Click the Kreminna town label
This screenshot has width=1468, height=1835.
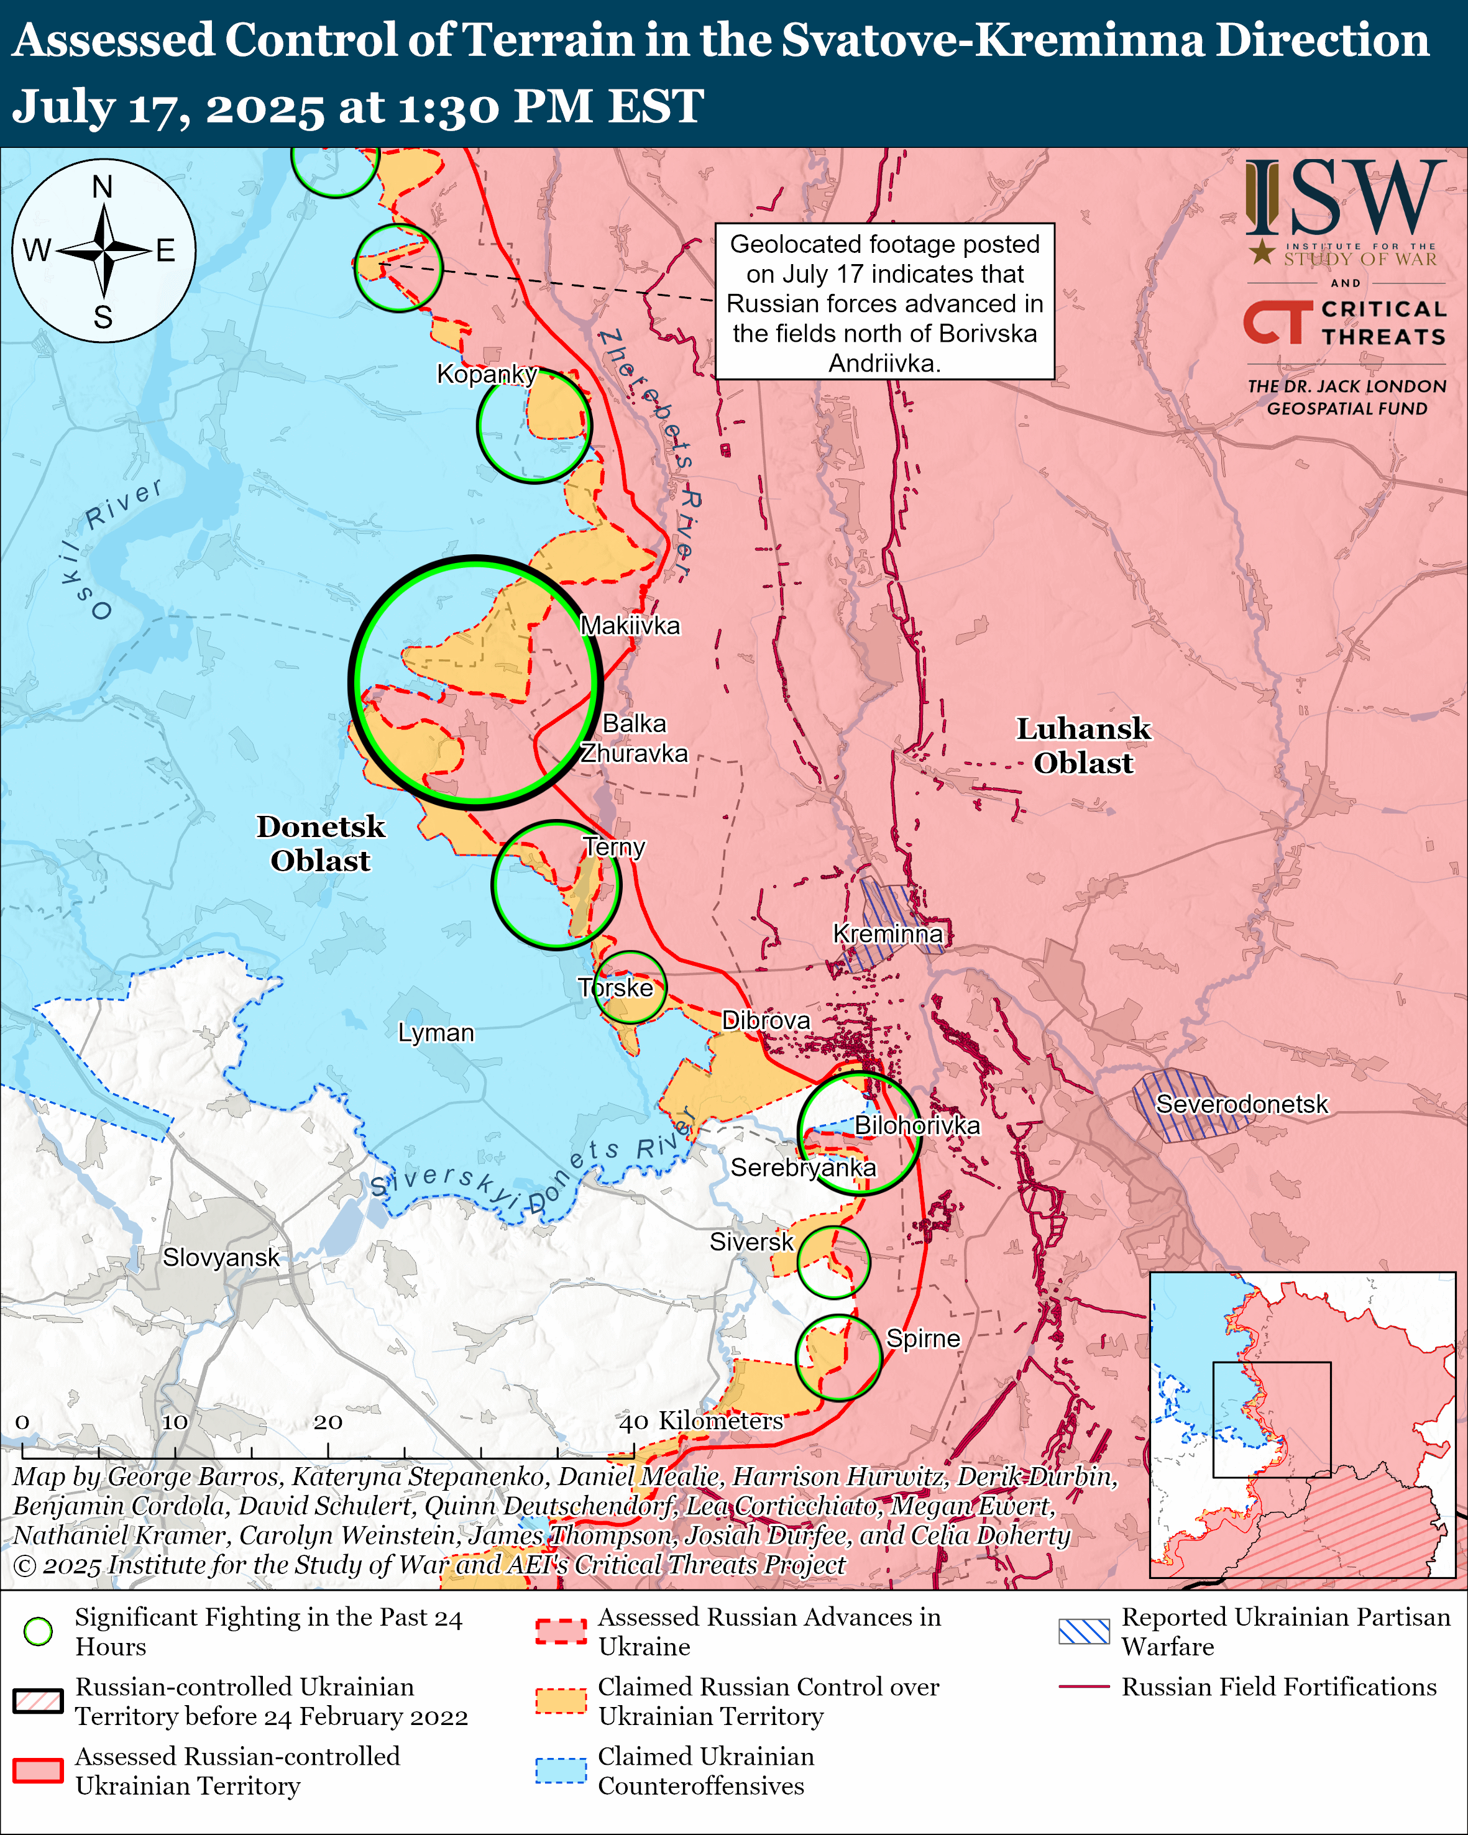point(887,934)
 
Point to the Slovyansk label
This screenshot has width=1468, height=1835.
point(221,1257)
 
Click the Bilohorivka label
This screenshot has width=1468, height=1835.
point(917,1125)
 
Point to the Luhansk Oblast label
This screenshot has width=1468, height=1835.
point(1083,746)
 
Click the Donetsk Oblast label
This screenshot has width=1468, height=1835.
point(321,843)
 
